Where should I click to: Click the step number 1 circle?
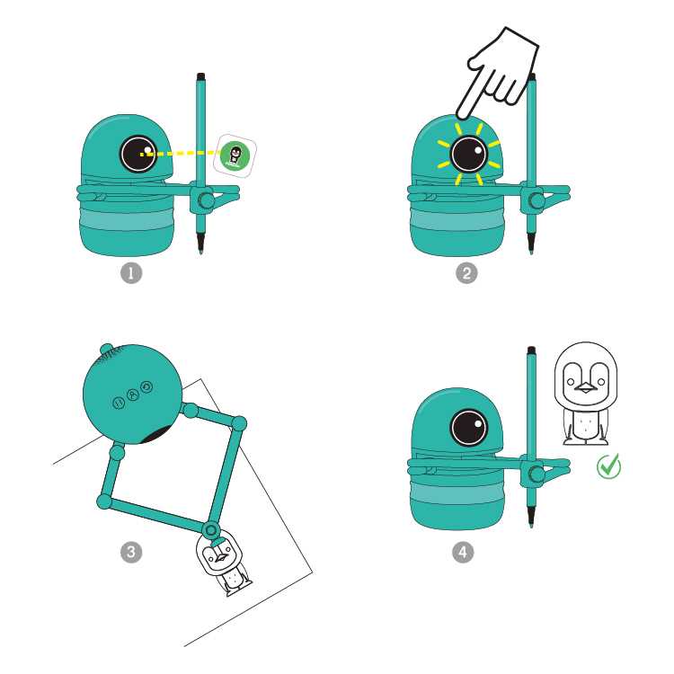click(x=131, y=273)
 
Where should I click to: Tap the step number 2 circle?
click(x=466, y=273)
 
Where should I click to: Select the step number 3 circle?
click(x=131, y=553)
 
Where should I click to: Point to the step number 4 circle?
click(x=463, y=553)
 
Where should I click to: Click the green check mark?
click(x=608, y=466)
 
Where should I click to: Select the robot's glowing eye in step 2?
click(x=469, y=154)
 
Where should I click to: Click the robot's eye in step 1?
click(x=138, y=154)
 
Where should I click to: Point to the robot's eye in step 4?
click(x=469, y=428)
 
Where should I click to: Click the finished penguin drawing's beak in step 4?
click(x=585, y=387)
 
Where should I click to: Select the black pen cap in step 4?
click(x=531, y=350)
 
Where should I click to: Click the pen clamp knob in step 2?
click(x=537, y=200)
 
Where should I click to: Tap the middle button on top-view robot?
click(x=133, y=395)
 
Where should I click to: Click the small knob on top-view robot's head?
click(x=106, y=349)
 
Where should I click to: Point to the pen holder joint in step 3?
click(x=211, y=530)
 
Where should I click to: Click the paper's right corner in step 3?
click(x=313, y=572)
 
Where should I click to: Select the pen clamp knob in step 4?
click(x=537, y=474)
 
